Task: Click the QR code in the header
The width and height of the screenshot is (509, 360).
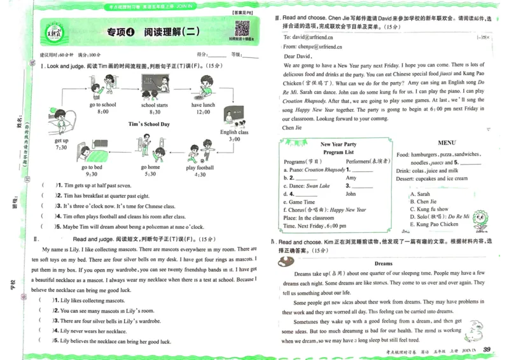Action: tap(241, 29)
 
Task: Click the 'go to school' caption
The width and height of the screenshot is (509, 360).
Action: tap(102, 105)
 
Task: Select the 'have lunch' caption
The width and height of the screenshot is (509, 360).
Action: tap(203, 105)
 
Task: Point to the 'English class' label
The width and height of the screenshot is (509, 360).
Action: tap(234, 132)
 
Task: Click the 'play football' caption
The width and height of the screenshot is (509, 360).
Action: tap(200, 168)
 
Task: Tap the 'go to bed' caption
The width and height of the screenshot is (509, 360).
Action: tap(92, 167)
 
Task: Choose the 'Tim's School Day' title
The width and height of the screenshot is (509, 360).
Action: tap(149, 124)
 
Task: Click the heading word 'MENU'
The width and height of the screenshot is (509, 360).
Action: tap(446, 143)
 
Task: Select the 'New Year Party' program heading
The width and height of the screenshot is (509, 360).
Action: tap(338, 144)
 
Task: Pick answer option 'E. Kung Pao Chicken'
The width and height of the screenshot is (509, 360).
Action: tap(435, 224)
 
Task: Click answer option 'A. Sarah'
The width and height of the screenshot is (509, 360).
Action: tap(421, 194)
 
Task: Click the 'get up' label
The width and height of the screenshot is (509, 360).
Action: tap(61, 141)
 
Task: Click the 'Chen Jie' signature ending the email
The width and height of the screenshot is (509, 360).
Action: tap(291, 127)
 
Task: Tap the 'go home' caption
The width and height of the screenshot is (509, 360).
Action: tap(150, 167)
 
